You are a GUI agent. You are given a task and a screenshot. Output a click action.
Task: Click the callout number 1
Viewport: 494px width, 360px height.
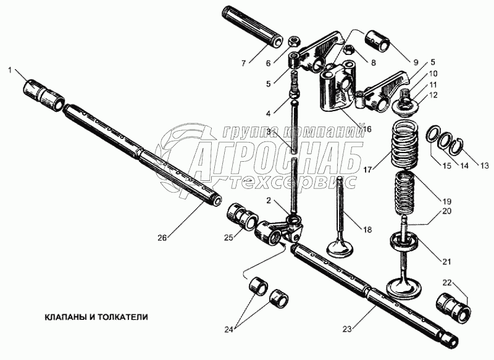coord(10,70)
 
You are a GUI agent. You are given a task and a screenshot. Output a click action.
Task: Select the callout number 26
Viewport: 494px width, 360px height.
coord(162,237)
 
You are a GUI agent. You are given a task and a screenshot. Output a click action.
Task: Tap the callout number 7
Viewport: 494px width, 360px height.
coord(243,63)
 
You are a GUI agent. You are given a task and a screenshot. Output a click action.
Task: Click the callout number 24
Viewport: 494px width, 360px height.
coord(229,329)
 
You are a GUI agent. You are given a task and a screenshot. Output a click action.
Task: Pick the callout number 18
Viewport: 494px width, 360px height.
coord(367,230)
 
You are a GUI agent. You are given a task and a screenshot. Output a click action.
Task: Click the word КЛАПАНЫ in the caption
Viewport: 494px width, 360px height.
coord(64,316)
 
